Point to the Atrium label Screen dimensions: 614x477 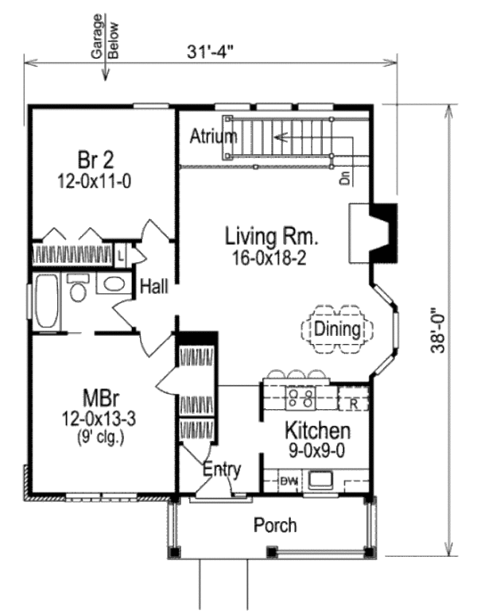pos(213,136)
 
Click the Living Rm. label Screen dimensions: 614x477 pos(272,236)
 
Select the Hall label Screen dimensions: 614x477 pos(153,287)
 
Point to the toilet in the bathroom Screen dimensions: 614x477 pos(77,289)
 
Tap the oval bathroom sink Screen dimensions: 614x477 pos(115,285)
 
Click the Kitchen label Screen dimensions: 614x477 pos(317,431)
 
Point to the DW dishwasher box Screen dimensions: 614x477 pos(288,480)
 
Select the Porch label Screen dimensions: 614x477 pos(275,525)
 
